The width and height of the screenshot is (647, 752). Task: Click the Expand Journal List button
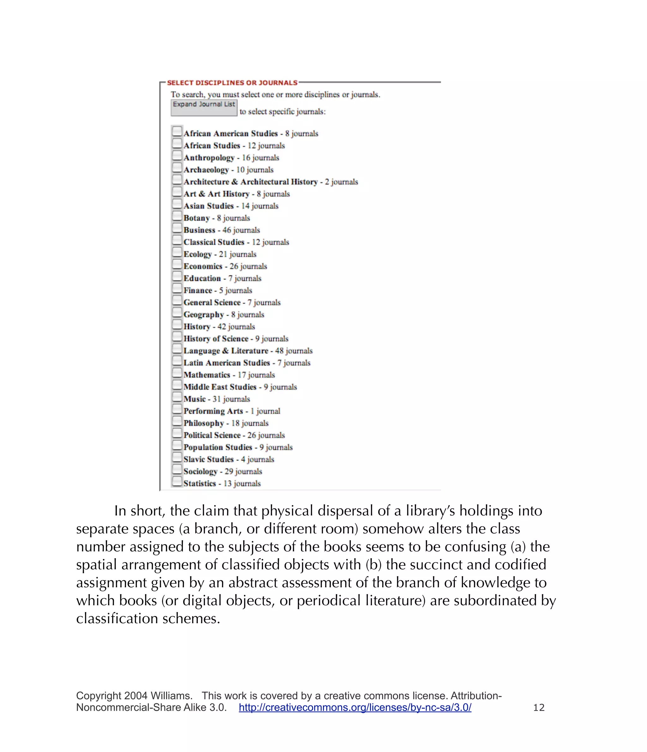[204, 108]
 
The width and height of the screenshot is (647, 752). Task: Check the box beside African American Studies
[177, 131]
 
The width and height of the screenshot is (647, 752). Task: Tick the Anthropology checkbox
[177, 155]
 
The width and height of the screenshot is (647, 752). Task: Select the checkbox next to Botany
[177, 216]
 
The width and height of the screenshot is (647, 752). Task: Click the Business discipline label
[199, 230]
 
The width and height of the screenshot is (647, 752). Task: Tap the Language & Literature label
[226, 351]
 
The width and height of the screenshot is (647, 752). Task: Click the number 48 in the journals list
[279, 351]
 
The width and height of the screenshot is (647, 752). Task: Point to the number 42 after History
[221, 327]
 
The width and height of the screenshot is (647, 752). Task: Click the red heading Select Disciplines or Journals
[232, 83]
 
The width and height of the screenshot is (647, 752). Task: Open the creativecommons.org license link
[355, 707]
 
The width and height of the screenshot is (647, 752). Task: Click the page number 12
[539, 707]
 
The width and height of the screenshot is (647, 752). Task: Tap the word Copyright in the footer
[99, 696]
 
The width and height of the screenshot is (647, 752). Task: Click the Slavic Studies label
[209, 459]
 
